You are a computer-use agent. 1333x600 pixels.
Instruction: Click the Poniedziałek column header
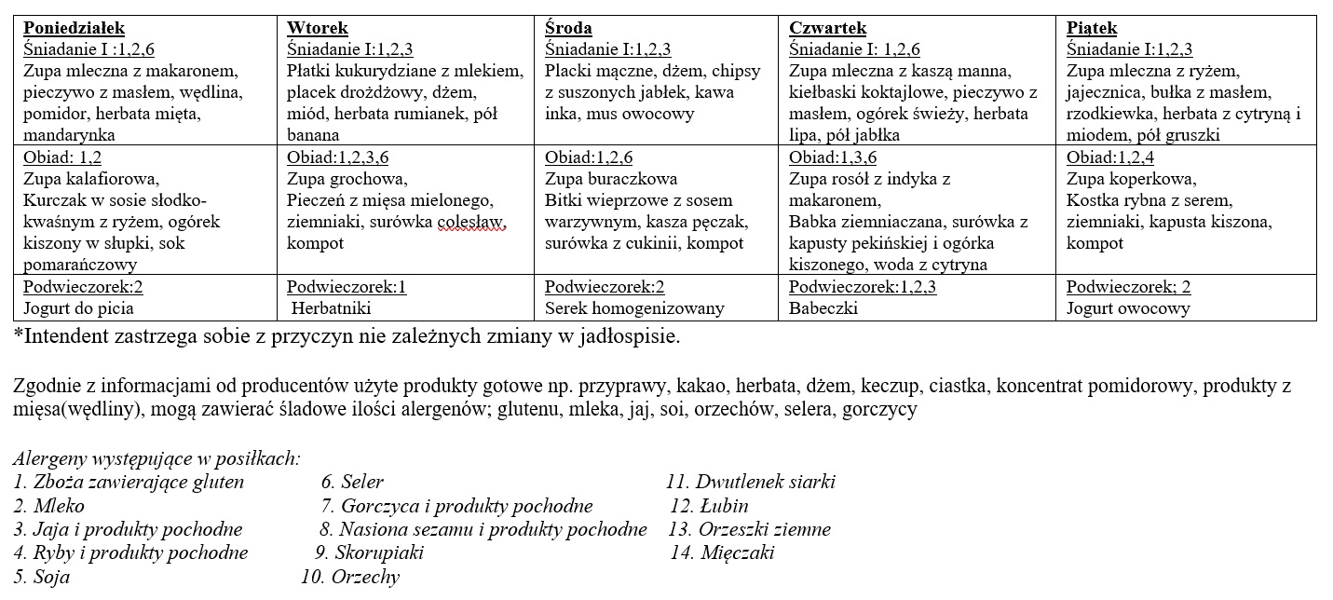tap(74, 28)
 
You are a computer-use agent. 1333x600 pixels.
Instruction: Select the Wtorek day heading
tap(318, 28)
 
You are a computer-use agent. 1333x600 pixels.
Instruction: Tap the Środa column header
tap(568, 28)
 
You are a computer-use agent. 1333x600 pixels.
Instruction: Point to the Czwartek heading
tap(827, 28)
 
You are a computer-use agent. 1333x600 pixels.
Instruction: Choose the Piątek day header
tap(1092, 28)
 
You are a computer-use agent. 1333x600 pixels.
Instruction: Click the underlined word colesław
tap(474, 222)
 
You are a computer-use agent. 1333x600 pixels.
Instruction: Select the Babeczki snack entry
tap(823, 308)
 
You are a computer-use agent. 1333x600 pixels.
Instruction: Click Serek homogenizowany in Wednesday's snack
tap(634, 308)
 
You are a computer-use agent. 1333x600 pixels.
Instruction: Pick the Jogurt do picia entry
tap(79, 308)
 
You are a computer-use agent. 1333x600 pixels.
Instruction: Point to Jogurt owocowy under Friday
tap(1128, 308)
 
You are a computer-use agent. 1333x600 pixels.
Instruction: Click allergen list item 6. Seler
tap(352, 483)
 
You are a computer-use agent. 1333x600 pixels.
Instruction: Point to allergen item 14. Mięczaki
tap(722, 553)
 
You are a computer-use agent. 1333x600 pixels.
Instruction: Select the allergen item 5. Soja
tap(42, 577)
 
